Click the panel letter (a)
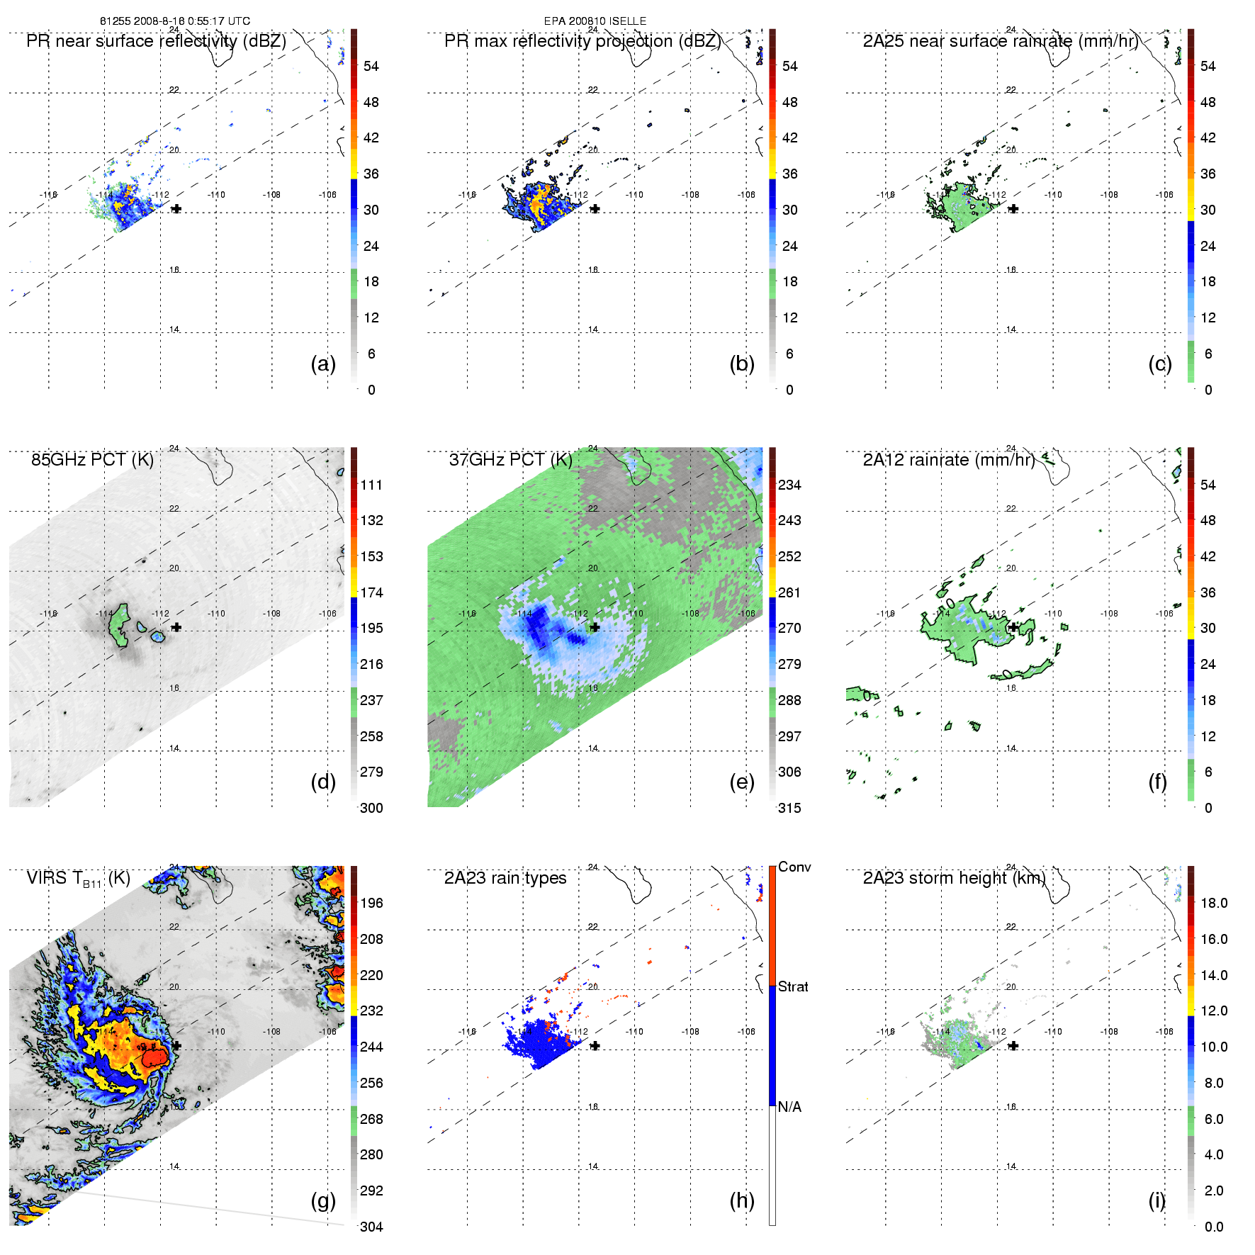point(322,364)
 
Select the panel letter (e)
point(741,782)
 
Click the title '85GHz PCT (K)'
point(92,460)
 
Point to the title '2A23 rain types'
point(505,878)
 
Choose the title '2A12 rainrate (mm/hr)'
point(949,460)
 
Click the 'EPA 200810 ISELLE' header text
point(595,21)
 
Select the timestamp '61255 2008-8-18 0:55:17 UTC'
point(175,21)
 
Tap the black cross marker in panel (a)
point(176,209)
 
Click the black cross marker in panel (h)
point(595,1046)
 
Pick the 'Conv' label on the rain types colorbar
point(794,867)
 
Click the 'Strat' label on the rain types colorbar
point(793,987)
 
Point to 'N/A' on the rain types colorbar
point(789,1107)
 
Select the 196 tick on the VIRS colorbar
point(371,904)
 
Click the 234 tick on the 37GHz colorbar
point(789,485)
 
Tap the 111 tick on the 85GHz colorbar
point(371,485)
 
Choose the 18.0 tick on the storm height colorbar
point(1214,904)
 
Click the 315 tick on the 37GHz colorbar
point(789,809)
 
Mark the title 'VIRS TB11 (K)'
point(78,879)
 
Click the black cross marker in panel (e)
point(595,627)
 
